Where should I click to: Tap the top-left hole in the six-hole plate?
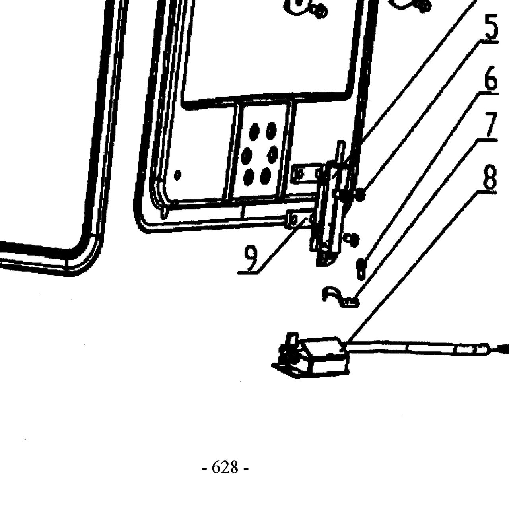[254, 130]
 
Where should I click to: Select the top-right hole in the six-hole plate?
[271, 130]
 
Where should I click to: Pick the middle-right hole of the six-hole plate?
[273, 153]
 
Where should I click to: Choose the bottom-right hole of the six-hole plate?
[266, 176]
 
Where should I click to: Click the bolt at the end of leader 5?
[361, 196]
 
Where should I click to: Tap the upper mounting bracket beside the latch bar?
[307, 173]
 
